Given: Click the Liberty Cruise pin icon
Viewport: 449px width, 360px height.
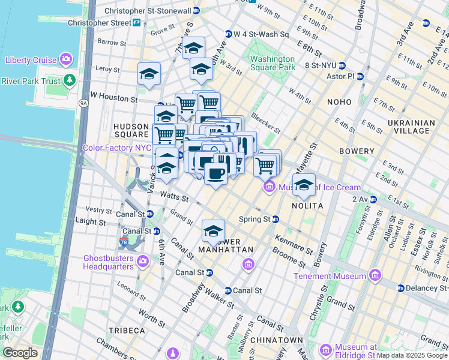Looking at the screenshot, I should [x=65, y=59].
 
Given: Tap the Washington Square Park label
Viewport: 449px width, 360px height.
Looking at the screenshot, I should [x=273, y=63].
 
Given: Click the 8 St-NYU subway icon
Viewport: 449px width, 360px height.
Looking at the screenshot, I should [x=342, y=65].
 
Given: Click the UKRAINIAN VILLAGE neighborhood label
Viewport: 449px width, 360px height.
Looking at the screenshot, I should [x=411, y=127].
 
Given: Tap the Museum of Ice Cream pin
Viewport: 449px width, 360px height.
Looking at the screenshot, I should [x=269, y=188].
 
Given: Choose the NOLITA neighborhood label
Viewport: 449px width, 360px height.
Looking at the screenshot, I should [x=308, y=206].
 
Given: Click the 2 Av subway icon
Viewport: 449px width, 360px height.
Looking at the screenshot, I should [x=373, y=199].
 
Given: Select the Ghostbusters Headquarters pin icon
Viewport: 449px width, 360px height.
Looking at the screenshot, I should [x=143, y=261].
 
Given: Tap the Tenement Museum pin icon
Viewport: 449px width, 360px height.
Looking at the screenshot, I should [x=375, y=276].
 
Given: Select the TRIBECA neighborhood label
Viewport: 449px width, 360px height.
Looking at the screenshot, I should [x=127, y=331].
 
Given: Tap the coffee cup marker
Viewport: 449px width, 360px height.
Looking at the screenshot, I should [x=215, y=173].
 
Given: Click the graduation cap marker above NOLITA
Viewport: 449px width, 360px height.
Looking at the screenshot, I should [x=304, y=185].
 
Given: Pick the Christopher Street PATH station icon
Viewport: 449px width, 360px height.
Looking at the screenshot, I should [x=137, y=23].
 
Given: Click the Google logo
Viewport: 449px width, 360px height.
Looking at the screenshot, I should [x=20, y=353].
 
